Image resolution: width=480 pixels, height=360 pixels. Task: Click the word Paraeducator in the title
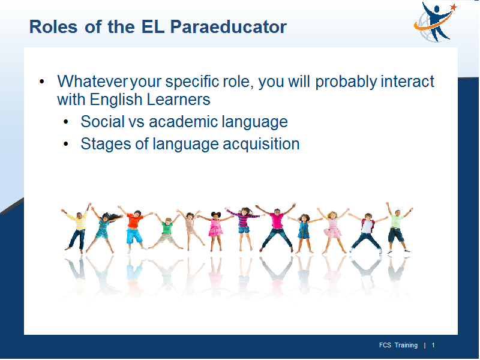coord(229,26)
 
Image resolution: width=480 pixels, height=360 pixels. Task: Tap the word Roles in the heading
coord(53,26)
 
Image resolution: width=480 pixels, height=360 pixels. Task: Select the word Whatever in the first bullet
coord(92,82)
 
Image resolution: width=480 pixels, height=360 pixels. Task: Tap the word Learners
coord(178,100)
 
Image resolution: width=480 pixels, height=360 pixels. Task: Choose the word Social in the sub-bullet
coord(102,122)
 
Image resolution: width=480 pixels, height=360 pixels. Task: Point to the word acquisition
coord(261,145)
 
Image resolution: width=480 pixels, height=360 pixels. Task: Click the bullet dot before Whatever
coord(41,82)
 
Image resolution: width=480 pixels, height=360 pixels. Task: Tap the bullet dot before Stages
coord(66,144)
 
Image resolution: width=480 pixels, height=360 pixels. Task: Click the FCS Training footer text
coord(398,346)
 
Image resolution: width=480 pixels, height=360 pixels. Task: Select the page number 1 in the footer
coord(433,346)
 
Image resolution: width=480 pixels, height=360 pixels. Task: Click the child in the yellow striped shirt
coord(78,228)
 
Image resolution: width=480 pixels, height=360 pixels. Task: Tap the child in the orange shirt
coord(134,228)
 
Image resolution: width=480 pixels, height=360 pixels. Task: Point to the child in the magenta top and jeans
coord(277,228)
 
